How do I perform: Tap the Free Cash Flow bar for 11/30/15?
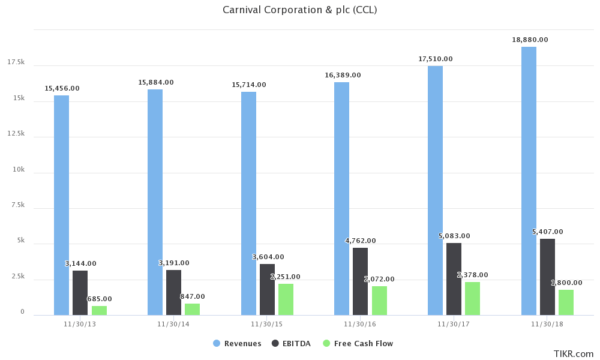point(286,299)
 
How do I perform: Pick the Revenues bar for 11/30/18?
point(529,181)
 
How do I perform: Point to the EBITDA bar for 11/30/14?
point(173,292)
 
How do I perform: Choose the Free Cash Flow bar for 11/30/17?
point(472,298)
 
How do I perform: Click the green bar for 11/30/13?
point(99,310)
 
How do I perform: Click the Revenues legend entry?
point(238,343)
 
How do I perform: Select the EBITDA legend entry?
point(292,343)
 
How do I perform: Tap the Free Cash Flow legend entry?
point(358,343)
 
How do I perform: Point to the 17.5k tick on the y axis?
point(16,62)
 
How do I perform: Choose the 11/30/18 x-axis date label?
point(547,324)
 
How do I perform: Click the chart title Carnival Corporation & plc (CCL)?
point(300,10)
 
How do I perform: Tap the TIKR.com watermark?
point(574,354)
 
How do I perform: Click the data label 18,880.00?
point(530,40)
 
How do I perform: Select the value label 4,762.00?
point(361,241)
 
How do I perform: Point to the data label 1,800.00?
point(566,283)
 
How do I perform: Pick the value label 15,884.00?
point(156,82)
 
